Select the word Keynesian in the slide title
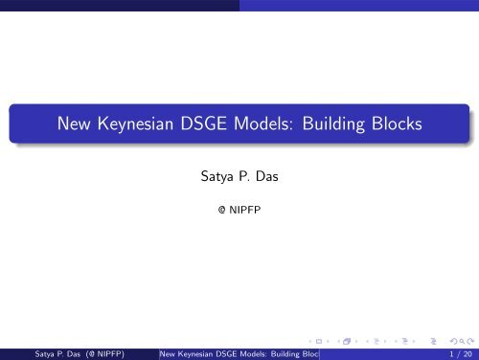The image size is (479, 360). tap(143, 124)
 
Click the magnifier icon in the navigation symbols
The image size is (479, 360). tap(455, 338)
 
